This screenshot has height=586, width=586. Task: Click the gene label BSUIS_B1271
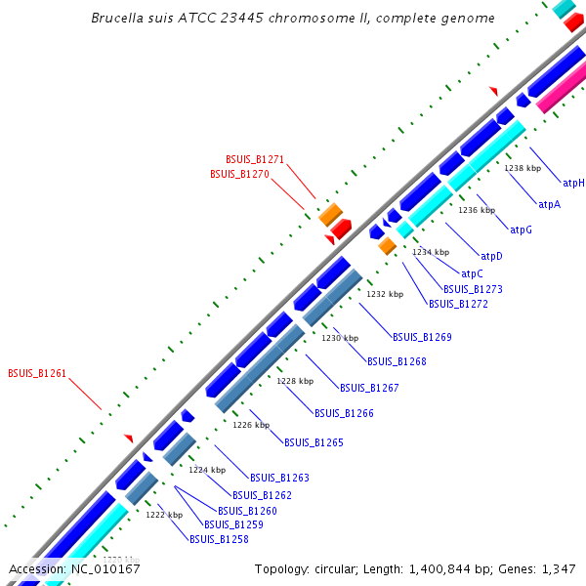pyautogui.click(x=255, y=158)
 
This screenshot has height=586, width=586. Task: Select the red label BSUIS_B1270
pyautogui.click(x=239, y=174)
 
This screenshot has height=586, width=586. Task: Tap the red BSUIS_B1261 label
pyautogui.click(x=37, y=373)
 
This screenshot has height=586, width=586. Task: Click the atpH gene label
pyautogui.click(x=573, y=183)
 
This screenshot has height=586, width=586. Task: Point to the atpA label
pyautogui.click(x=550, y=205)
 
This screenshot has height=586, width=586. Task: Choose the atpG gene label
pyautogui.click(x=522, y=230)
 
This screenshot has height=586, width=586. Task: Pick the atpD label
pyautogui.click(x=492, y=256)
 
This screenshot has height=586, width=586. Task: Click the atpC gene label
pyautogui.click(x=472, y=274)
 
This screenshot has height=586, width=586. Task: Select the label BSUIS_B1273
pyautogui.click(x=473, y=289)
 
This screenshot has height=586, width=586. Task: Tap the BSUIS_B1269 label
pyautogui.click(x=422, y=337)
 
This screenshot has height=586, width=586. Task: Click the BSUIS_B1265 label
pyautogui.click(x=314, y=442)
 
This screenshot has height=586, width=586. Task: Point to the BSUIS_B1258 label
pyautogui.click(x=219, y=538)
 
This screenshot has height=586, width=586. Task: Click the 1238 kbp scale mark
pyautogui.click(x=522, y=168)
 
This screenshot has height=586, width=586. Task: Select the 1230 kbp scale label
pyautogui.click(x=338, y=337)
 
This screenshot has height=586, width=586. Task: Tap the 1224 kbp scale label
pyautogui.click(x=206, y=470)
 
